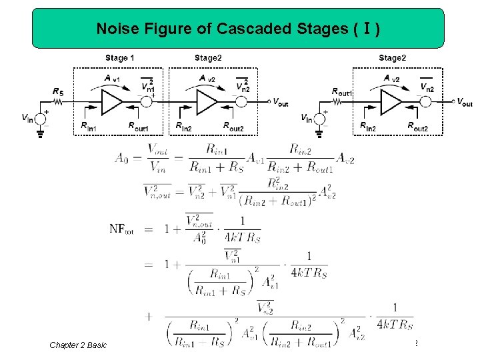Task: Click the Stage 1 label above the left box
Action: tap(120, 58)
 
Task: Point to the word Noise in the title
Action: tap(115, 29)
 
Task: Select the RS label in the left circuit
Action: tap(59, 91)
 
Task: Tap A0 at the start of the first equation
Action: tap(121, 158)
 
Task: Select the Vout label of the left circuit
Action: tap(281, 102)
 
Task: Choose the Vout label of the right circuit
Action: tap(464, 102)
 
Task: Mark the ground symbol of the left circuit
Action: tap(41, 133)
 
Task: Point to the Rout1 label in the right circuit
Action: tap(343, 91)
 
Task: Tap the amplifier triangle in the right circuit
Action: tap(391, 102)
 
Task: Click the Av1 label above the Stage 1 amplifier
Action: tap(113, 79)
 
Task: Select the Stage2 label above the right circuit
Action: tap(391, 58)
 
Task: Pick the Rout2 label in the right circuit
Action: tap(417, 126)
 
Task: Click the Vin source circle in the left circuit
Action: tap(41, 118)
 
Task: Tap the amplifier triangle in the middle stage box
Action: tap(207, 102)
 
